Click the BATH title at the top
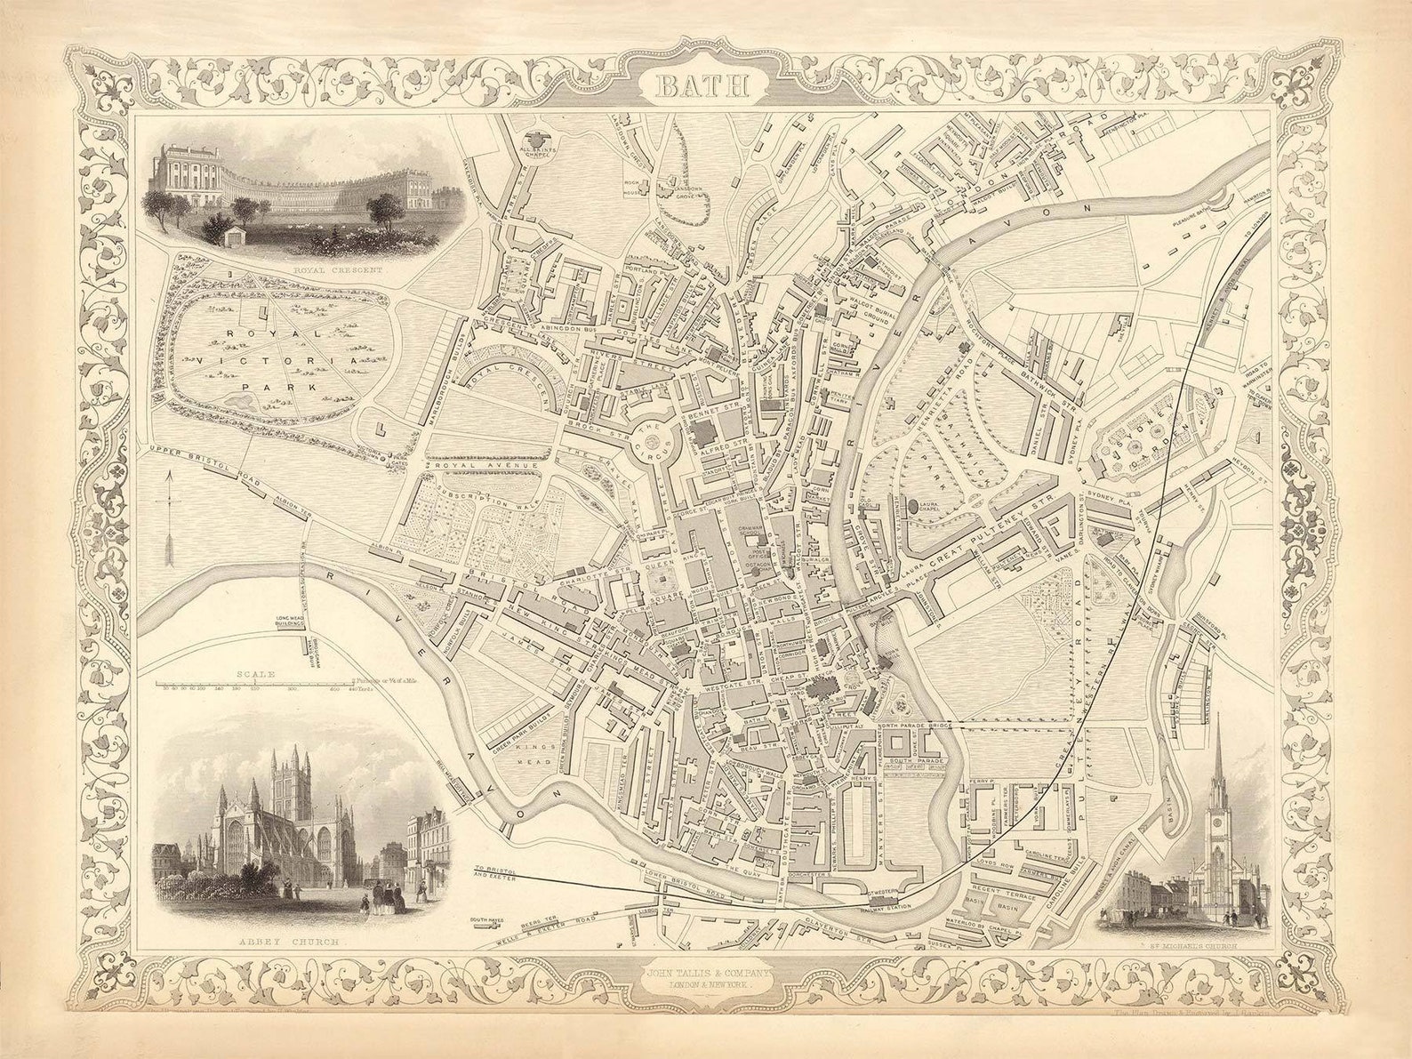click(x=703, y=86)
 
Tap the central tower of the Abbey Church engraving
click(x=288, y=782)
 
